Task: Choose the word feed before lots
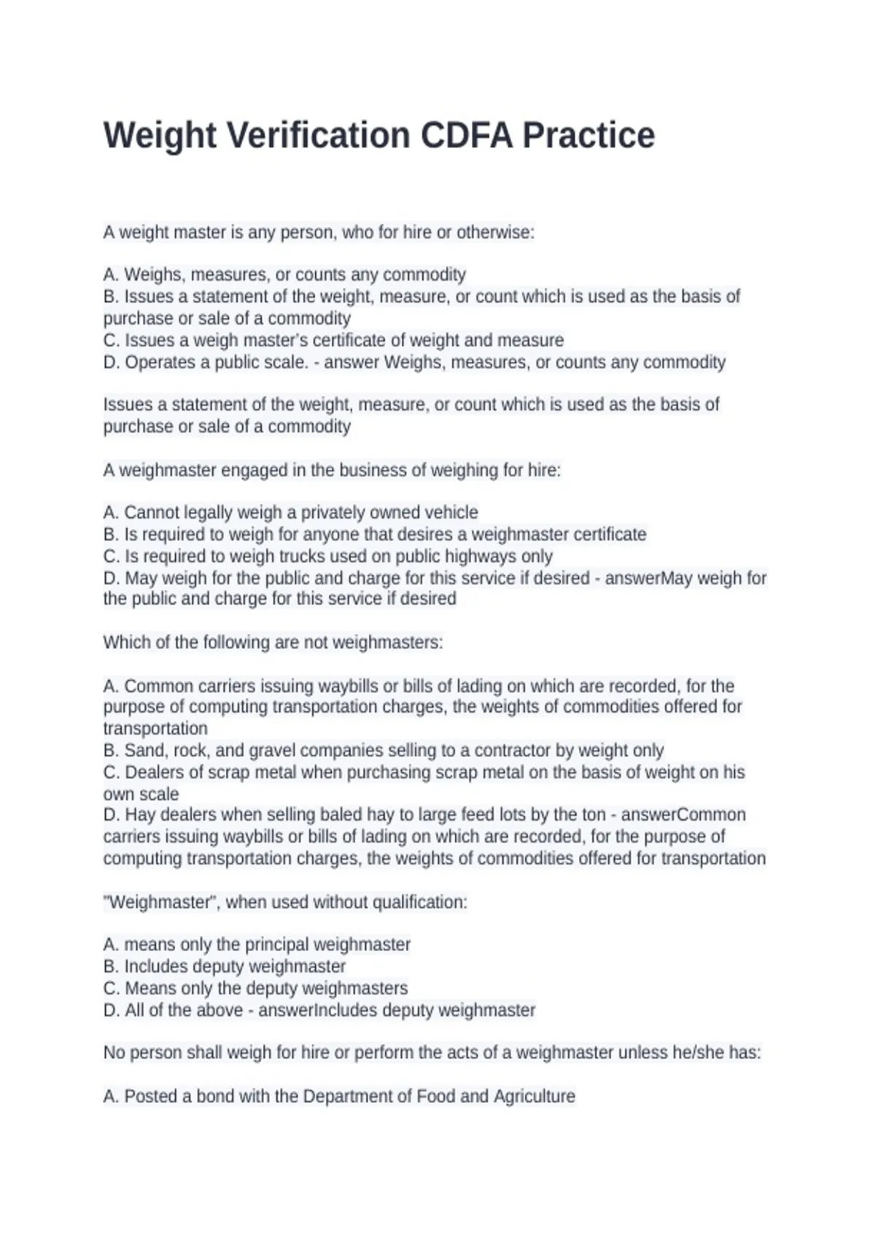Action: [474, 815]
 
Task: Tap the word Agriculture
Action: [534, 1096]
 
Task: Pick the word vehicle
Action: [451, 513]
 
